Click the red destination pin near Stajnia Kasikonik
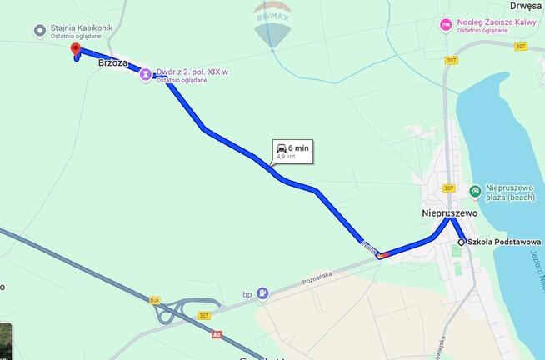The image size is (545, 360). (75, 50)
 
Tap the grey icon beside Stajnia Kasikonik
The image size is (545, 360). (39, 31)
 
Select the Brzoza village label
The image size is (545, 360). (113, 62)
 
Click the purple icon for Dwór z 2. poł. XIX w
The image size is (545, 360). (146, 74)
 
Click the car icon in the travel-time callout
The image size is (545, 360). (282, 147)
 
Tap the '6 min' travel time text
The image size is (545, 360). (298, 147)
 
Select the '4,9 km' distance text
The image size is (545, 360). (287, 156)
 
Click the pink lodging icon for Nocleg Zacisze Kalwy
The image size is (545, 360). (446, 24)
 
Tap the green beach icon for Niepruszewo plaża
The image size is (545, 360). (475, 192)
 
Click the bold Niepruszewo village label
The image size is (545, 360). (448, 212)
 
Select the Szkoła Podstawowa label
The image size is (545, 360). (504, 242)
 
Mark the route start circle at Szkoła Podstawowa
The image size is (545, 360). (461, 242)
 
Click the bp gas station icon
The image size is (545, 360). (262, 292)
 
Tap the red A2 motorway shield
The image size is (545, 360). (217, 334)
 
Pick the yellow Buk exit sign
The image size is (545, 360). (154, 298)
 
